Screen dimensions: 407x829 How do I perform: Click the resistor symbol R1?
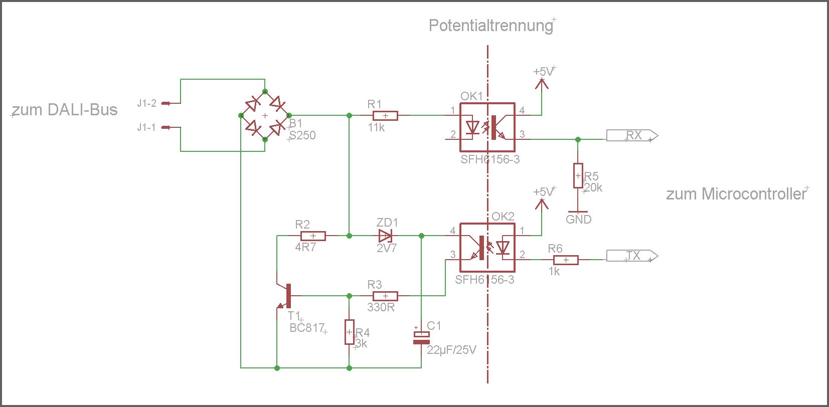coord(385,116)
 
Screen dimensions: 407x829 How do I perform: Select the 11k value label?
coord(376,128)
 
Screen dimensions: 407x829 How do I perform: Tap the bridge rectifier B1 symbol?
coord(265,116)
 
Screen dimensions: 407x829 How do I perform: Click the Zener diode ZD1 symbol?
coord(385,236)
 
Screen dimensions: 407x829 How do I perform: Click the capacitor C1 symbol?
coord(421,338)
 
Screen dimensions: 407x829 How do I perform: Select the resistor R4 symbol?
coord(350,332)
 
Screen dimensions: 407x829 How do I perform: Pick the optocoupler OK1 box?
coord(487,127)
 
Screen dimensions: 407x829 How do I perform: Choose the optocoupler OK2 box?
coord(487,248)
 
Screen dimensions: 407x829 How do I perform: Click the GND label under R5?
coord(578,220)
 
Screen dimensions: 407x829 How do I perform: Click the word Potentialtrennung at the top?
coord(490,26)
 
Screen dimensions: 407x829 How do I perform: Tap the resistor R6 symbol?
coord(566,260)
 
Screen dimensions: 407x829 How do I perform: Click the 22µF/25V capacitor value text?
coord(451,350)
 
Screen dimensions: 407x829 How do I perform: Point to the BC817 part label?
coord(307,328)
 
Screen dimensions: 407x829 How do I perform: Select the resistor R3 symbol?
coord(385,296)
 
